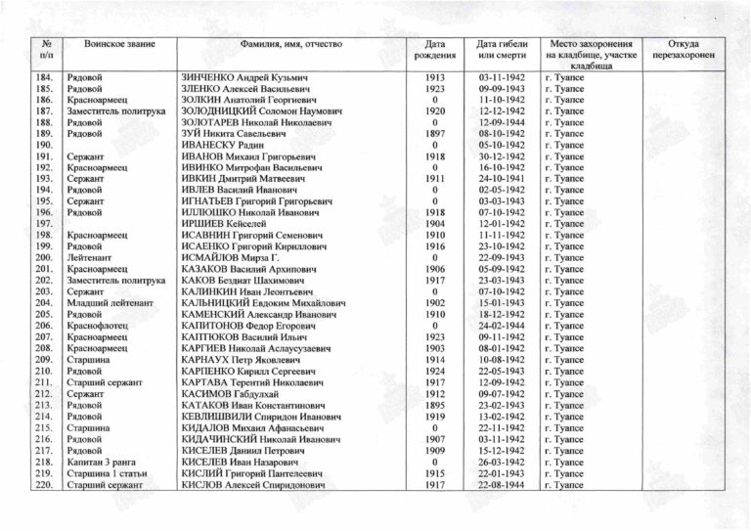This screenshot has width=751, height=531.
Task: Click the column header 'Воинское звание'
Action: [115, 46]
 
